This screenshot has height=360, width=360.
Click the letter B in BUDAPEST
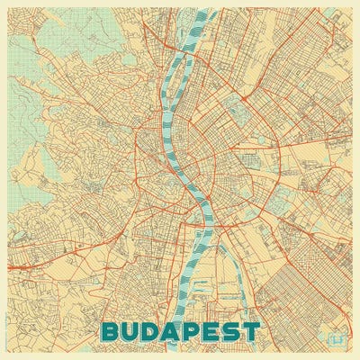pos(114,332)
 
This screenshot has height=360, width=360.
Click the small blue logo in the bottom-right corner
pos(339,339)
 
